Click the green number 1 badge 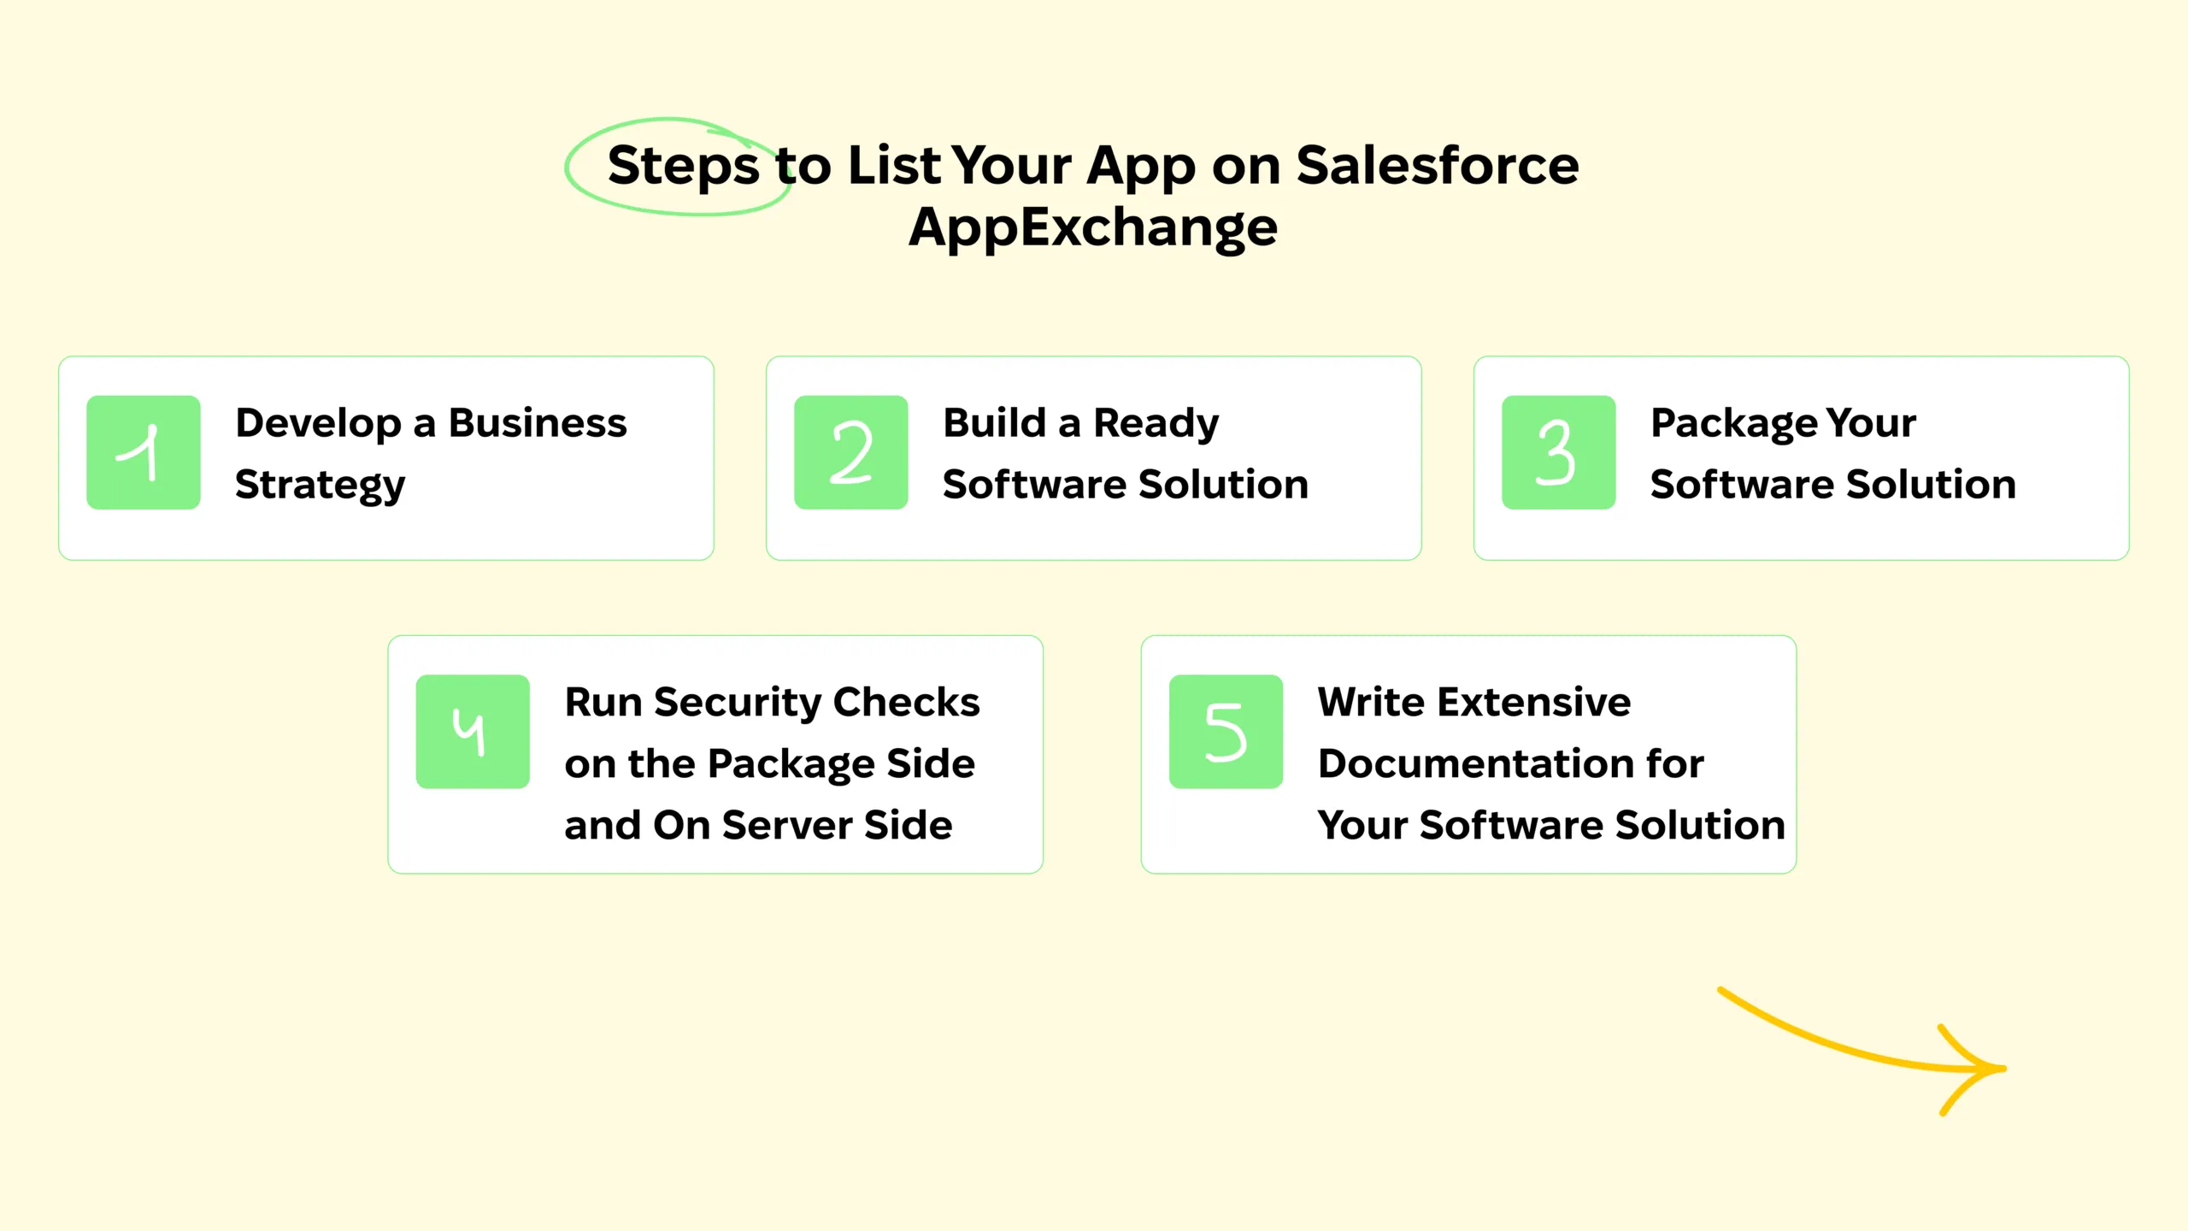[144, 452]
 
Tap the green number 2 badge [850, 452]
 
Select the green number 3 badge [1558, 452]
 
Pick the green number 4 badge [473, 732]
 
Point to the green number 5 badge [1226, 732]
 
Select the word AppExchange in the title [1093, 228]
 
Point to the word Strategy [321, 486]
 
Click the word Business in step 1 [538, 423]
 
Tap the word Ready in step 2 [1156, 423]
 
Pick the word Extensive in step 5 [1535, 703]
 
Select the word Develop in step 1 [318, 423]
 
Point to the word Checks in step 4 [906, 703]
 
